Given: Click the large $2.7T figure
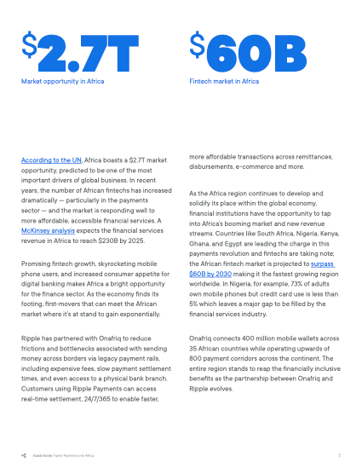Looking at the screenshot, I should point(79,55).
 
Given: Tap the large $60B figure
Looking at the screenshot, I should point(247,55).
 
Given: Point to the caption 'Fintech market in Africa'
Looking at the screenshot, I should point(224,82).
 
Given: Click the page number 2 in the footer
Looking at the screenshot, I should point(339,455).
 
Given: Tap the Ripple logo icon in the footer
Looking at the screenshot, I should point(24,455).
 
